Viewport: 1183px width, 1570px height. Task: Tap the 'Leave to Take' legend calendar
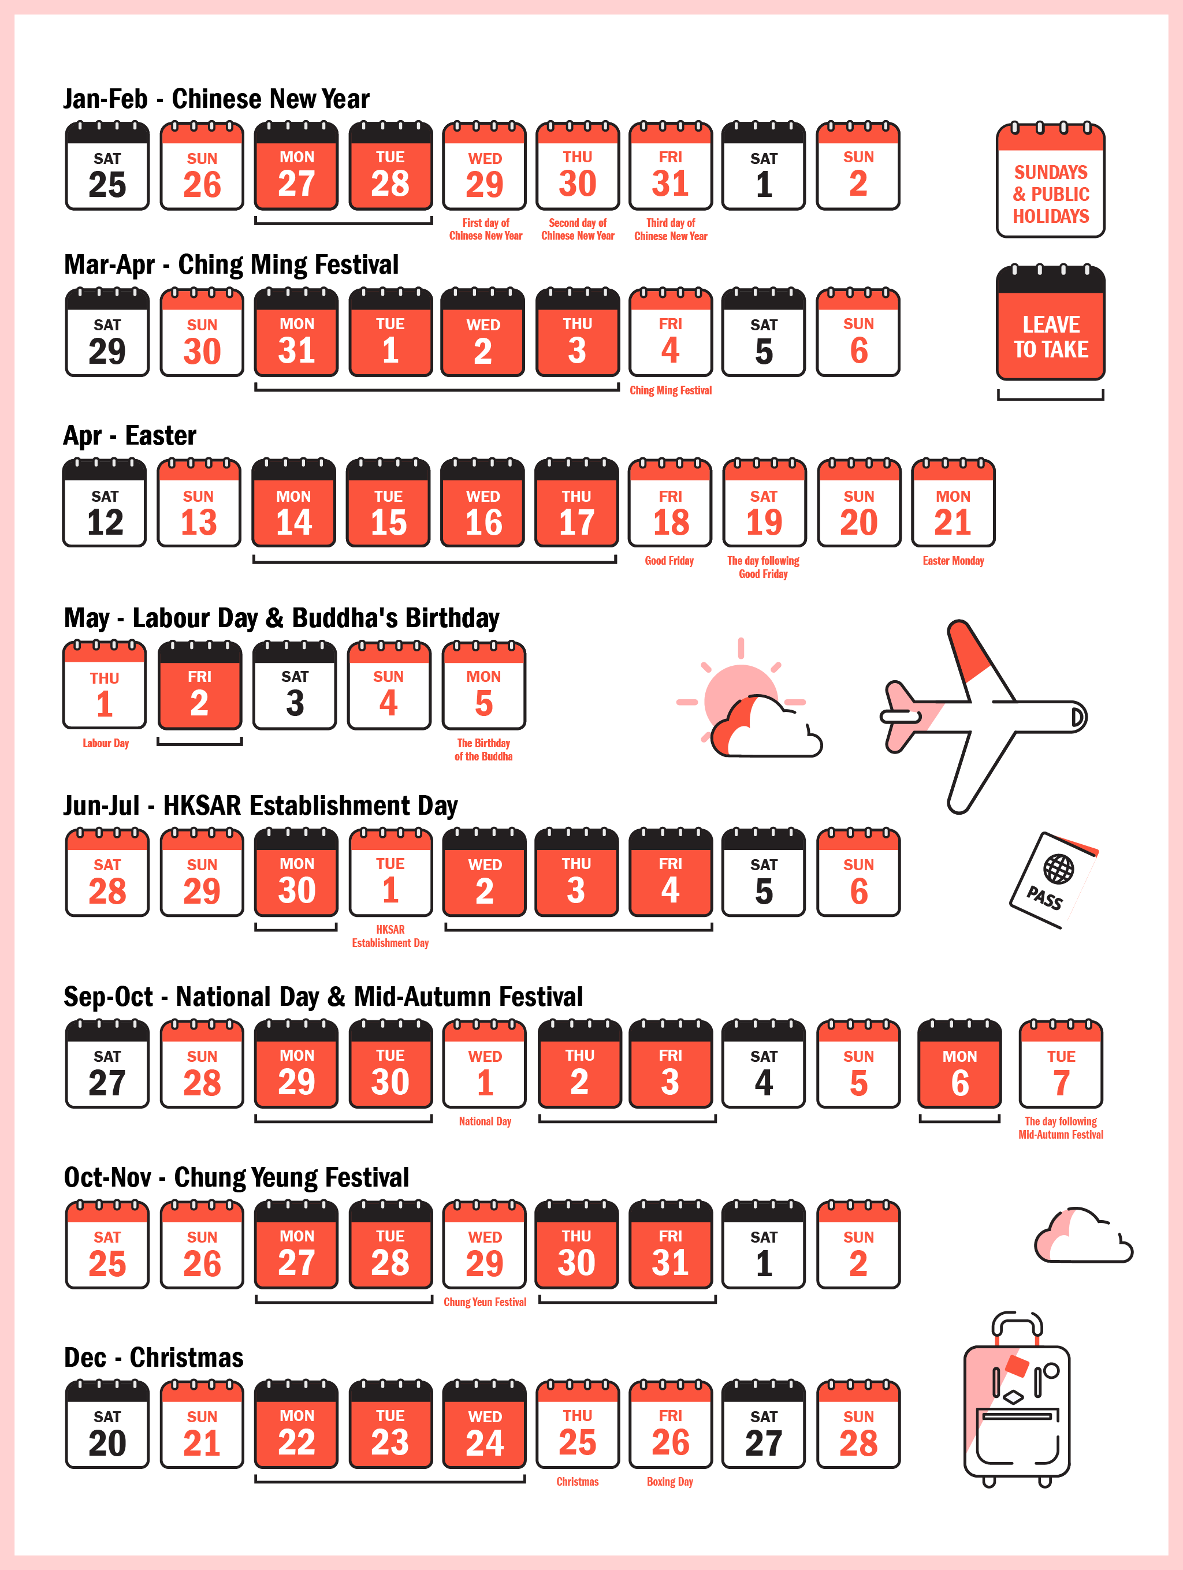(x=1050, y=325)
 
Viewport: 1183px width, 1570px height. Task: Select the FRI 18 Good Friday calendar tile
(x=669, y=504)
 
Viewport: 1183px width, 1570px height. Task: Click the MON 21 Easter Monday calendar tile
(x=953, y=504)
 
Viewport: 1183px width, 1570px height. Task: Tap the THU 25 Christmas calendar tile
(x=577, y=1425)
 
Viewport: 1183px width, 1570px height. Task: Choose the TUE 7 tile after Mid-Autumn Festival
(x=1061, y=1065)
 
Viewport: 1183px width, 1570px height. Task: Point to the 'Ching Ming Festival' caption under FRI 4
(x=670, y=390)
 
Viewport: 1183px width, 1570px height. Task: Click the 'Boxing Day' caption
(x=669, y=1482)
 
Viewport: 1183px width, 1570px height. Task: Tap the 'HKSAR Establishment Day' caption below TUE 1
(x=390, y=936)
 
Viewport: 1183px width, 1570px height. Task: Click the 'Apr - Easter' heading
(x=130, y=436)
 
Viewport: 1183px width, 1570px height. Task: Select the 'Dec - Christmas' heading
(x=154, y=1358)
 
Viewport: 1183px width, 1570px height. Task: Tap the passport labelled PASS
(x=1052, y=880)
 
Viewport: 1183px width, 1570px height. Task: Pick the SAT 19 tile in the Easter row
(x=764, y=504)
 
